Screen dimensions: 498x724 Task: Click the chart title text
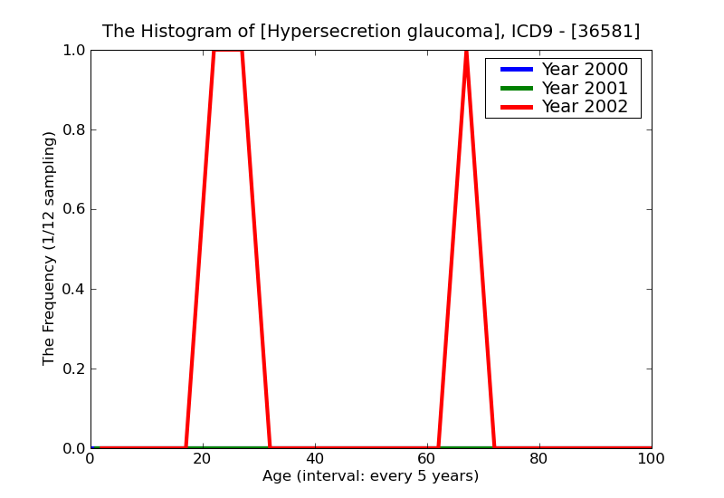[x=371, y=32]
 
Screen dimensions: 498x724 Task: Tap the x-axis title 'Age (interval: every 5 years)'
[x=371, y=476]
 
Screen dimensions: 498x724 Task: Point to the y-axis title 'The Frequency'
[x=50, y=248]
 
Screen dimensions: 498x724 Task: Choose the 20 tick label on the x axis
[x=203, y=459]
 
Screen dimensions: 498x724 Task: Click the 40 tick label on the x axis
[x=315, y=459]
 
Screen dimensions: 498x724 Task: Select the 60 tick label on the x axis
[x=427, y=459]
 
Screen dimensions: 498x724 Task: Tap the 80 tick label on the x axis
[x=539, y=459]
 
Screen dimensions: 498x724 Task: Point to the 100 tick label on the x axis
[x=652, y=459]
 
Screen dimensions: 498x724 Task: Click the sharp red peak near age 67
[x=466, y=53]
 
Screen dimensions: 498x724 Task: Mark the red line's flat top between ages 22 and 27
[x=228, y=51]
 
